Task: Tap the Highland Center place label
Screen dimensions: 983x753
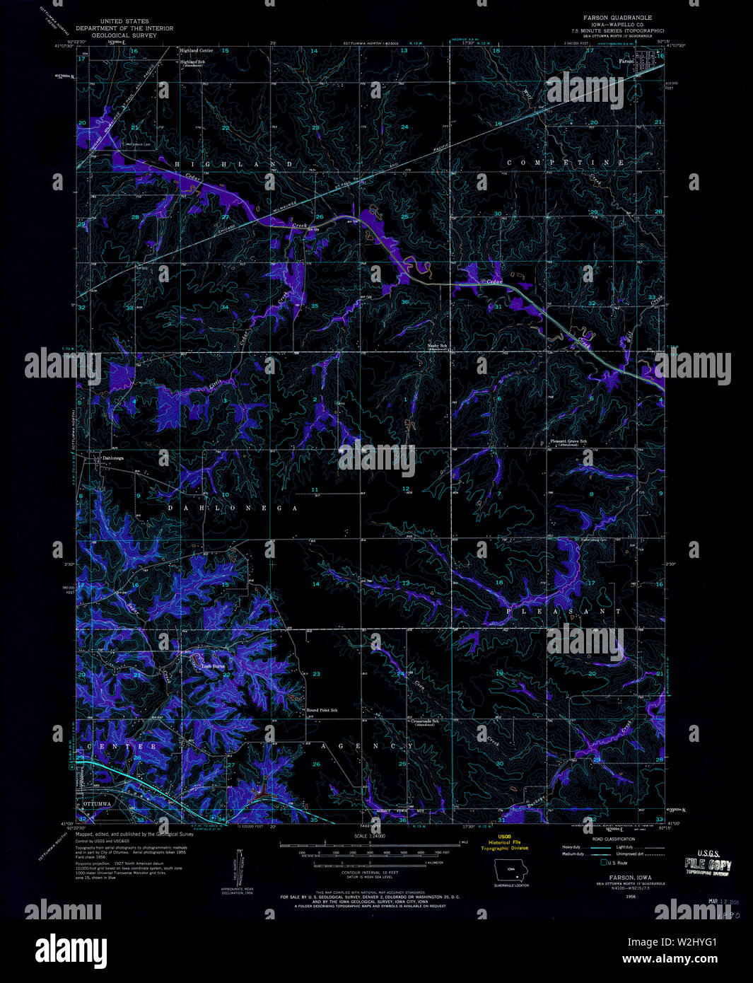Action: click(196, 51)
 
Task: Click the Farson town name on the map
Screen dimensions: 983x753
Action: click(626, 62)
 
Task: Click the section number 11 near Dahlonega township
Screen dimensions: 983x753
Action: click(315, 489)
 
